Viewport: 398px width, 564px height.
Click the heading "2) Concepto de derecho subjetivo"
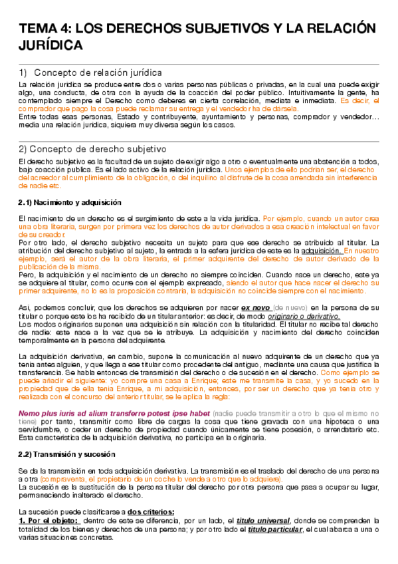tap(92, 148)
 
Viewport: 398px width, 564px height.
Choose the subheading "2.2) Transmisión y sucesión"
tap(66, 454)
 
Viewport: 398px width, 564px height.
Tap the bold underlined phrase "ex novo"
tap(256, 309)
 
